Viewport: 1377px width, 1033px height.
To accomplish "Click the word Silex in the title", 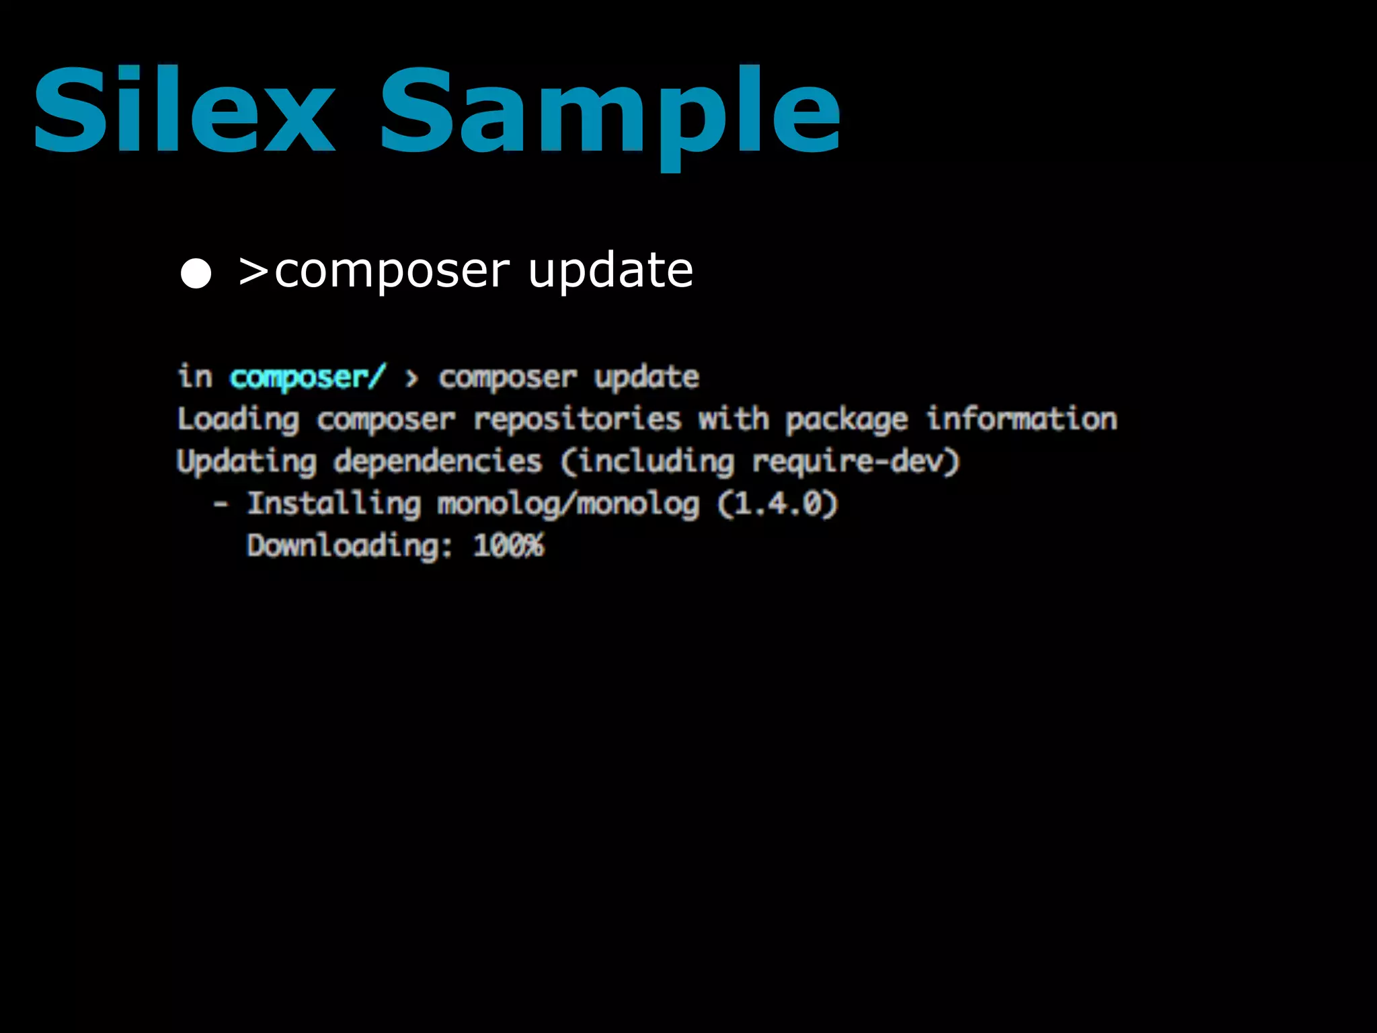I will pos(184,110).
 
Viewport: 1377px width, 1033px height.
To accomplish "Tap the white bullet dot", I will pos(196,273).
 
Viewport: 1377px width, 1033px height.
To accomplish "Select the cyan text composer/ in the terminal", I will pos(308,377).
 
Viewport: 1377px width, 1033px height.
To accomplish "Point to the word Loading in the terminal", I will pos(238,420).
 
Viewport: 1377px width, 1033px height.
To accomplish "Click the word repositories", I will pos(578,420).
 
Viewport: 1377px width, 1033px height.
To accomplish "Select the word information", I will pos(1022,419).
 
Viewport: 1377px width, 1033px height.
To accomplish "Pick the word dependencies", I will pos(438,462).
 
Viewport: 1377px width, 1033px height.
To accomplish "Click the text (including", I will pos(647,462).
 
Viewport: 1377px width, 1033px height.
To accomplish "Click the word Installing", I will pos(334,504).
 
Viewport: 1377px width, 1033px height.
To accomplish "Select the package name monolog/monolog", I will pos(568,504).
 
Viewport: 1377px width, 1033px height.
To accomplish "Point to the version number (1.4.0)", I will pos(778,504).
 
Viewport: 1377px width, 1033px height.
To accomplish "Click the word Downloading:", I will pos(350,545).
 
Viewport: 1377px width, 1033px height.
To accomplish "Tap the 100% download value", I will pos(509,545).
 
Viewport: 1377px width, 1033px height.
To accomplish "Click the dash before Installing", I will pos(221,504).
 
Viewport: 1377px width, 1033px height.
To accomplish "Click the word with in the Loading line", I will pos(734,419).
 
